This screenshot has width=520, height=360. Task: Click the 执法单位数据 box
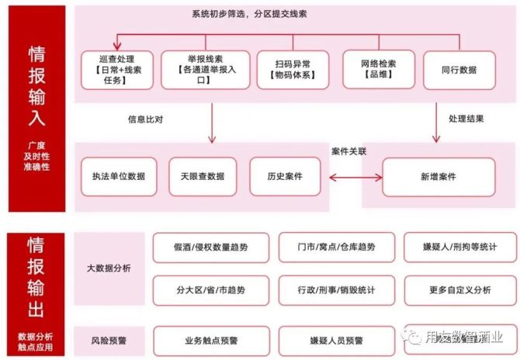coord(119,176)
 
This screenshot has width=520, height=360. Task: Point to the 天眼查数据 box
coord(203,176)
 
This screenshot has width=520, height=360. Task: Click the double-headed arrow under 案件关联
coord(356,178)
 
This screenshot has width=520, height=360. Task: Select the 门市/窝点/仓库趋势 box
coord(335,247)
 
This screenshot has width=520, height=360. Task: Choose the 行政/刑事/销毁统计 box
coord(335,290)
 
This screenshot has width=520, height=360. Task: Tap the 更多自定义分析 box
coord(459,290)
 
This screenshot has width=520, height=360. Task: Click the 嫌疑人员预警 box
coord(335,340)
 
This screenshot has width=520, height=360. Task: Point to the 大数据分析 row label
coord(109,268)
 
